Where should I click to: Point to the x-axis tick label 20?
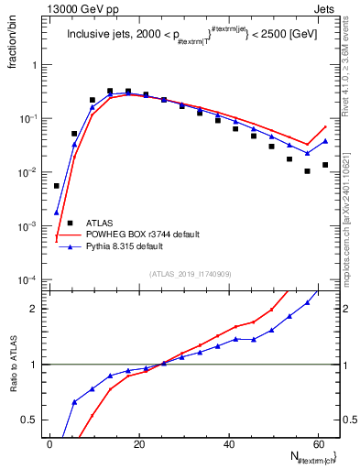139,443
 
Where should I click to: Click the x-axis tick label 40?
229,443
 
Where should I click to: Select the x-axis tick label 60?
318,443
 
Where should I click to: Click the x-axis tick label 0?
50,443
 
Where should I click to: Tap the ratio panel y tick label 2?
35,309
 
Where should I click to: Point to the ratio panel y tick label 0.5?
31,420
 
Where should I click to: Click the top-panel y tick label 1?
35,66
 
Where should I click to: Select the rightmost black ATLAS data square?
325,165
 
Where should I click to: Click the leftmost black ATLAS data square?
57,186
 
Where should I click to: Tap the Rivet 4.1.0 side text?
352,64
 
